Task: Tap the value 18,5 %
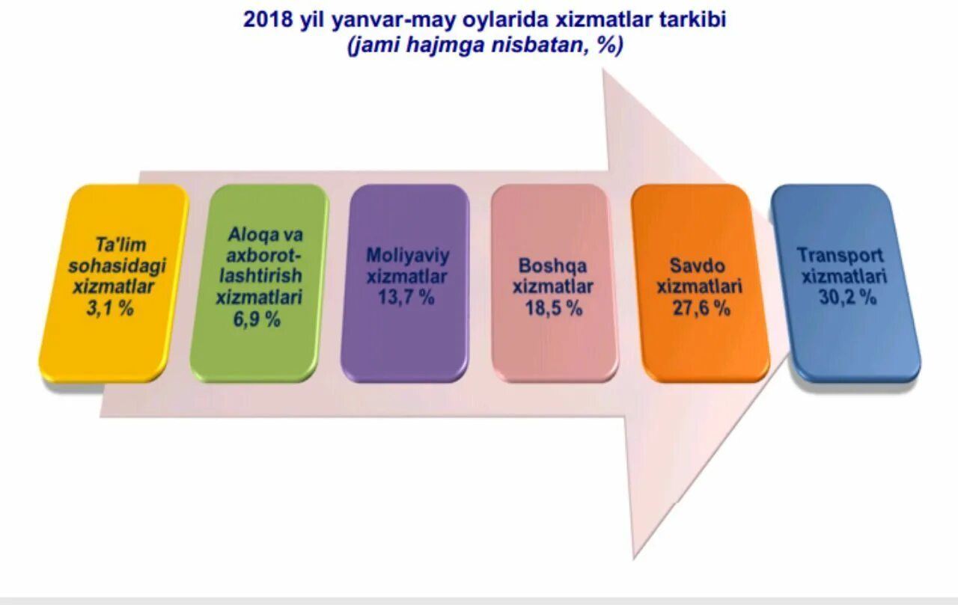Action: point(553,307)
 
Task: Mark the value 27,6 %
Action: point(700,307)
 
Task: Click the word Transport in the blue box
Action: point(840,256)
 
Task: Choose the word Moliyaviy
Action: point(408,256)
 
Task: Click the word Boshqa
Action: point(552,266)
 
